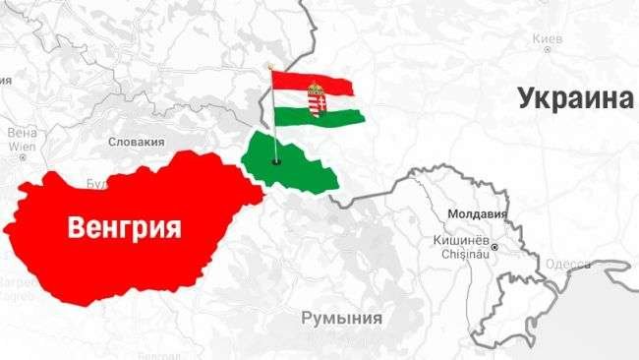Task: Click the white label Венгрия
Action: pyautogui.click(x=125, y=228)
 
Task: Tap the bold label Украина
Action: pyautogui.click(x=572, y=98)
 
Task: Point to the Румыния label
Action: pyautogui.click(x=341, y=317)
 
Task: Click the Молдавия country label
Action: pyautogui.click(x=476, y=212)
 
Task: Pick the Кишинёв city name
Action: pyautogui.click(x=460, y=239)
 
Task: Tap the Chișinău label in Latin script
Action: pyautogui.click(x=459, y=253)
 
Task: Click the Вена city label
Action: pyautogui.click(x=21, y=132)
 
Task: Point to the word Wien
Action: pyautogui.click(x=21, y=145)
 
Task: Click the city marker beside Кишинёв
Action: pyautogui.click(x=494, y=246)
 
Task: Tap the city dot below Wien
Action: pyautogui.click(x=21, y=157)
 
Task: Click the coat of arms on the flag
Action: pyautogui.click(x=318, y=99)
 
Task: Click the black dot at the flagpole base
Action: pyautogui.click(x=277, y=161)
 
